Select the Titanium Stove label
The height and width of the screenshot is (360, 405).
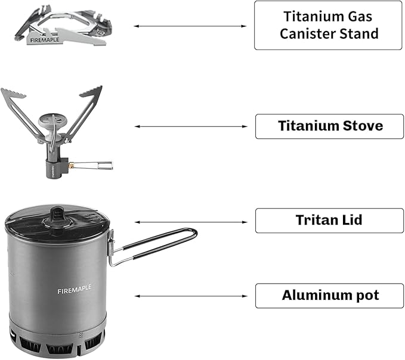[330, 126]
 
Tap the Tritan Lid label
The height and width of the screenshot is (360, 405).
[330, 221]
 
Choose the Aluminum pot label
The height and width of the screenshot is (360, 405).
[330, 296]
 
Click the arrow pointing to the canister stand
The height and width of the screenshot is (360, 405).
[190, 26]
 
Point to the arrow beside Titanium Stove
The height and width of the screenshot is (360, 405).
[190, 126]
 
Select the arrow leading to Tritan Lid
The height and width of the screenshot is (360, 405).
[190, 222]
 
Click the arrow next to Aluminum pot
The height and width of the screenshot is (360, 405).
[190, 296]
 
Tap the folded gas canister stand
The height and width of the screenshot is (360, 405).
[60, 27]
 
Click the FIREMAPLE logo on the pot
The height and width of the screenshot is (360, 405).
[75, 291]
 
